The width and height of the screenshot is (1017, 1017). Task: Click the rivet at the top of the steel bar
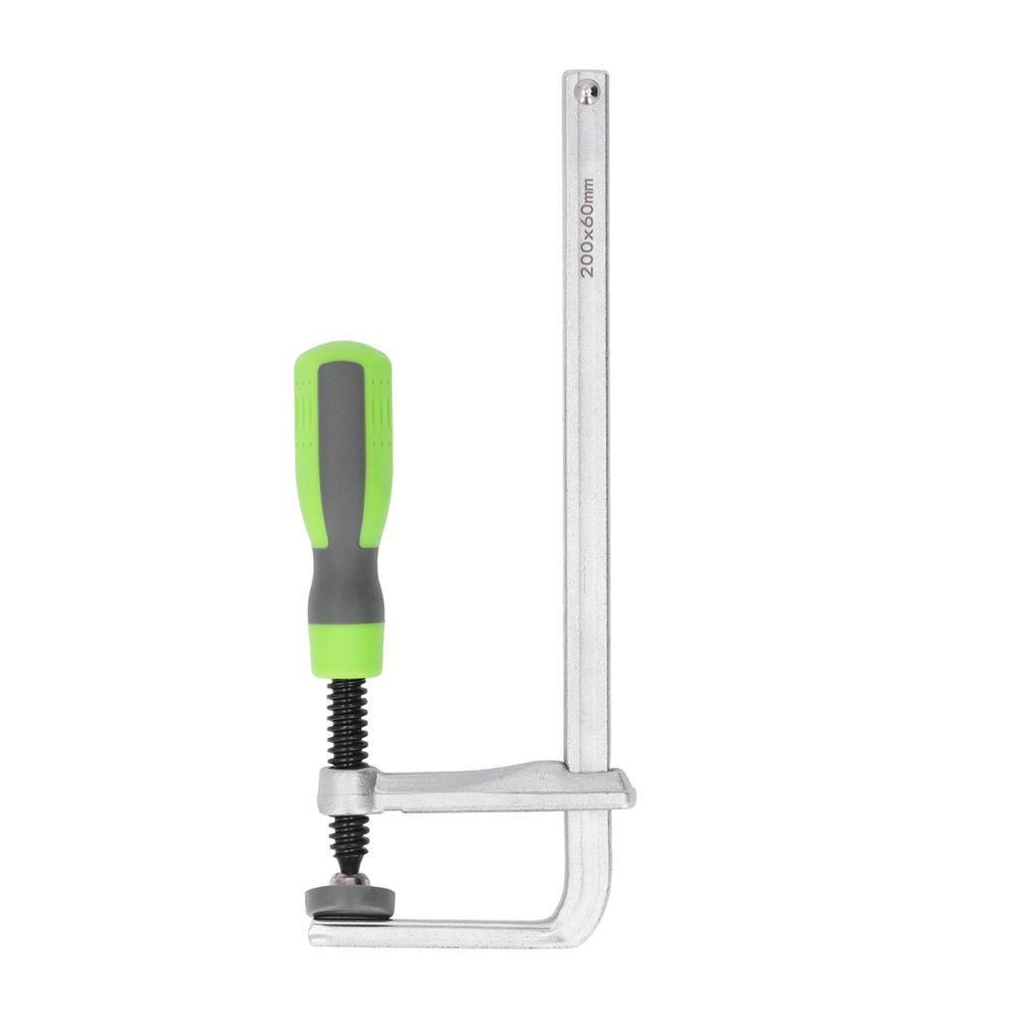pos(589,93)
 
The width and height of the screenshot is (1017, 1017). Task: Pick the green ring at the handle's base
pos(347,650)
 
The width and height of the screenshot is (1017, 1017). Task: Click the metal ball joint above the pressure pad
pos(350,878)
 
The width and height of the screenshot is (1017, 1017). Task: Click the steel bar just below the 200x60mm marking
pos(586,328)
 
